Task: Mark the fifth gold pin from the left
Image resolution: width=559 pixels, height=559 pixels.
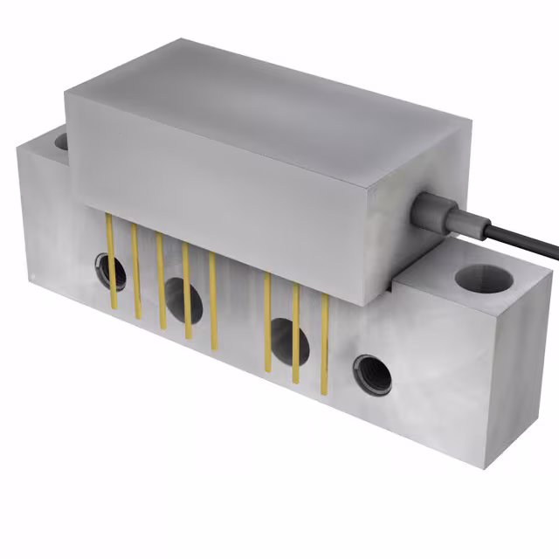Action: (212, 288)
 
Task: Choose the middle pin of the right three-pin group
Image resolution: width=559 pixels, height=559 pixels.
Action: (295, 332)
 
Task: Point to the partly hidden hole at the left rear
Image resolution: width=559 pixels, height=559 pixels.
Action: (61, 141)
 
